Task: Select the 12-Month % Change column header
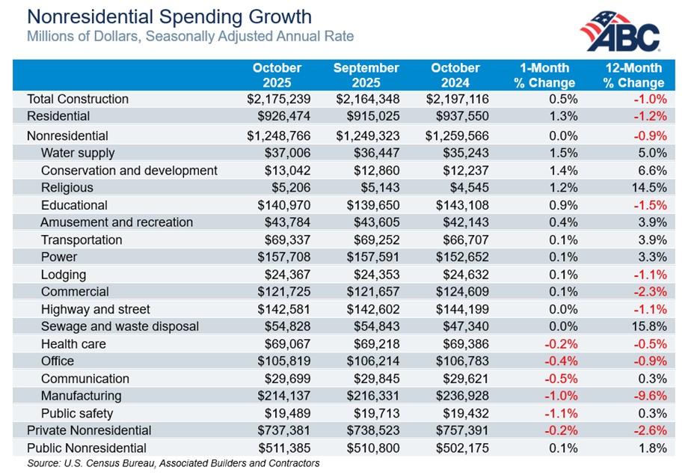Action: coord(634,76)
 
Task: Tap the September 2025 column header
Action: coord(366,76)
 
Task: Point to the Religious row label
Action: coord(68,188)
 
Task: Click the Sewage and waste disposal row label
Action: coord(120,326)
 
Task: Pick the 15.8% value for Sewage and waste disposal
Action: coord(648,326)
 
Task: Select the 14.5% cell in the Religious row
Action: coord(648,188)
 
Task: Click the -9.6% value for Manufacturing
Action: coord(649,396)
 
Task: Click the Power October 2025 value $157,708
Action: coord(280,257)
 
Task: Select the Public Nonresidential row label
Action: coord(87,448)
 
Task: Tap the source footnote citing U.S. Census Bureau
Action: coord(173,463)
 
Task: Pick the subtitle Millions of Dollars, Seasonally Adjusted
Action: coord(190,36)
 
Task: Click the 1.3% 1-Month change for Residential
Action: coord(562,116)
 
